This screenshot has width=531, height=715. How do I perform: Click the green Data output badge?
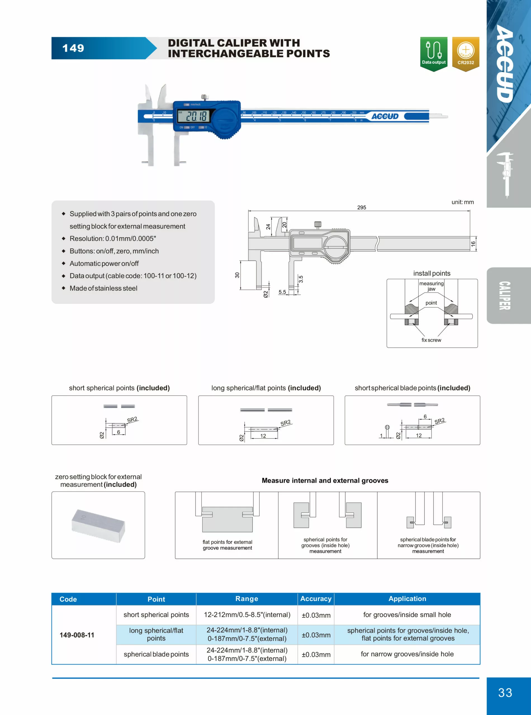point(434,53)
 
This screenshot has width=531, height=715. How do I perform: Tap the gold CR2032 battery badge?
point(465,53)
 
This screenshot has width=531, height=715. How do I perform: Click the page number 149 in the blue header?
point(73,48)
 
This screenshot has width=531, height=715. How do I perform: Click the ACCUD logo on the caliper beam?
point(385,116)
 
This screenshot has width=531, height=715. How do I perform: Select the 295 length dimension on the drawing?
point(362,208)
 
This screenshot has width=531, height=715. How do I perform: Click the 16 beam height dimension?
point(473,244)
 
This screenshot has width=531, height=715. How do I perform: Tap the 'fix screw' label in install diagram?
point(431,340)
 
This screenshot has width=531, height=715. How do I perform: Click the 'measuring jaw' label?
point(431,286)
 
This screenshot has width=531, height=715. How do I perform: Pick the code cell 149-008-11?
point(77,635)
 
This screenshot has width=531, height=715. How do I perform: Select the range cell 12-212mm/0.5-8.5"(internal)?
point(247,615)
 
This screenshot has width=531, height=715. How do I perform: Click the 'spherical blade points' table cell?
point(156,654)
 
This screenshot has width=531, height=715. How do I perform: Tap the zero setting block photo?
point(98,525)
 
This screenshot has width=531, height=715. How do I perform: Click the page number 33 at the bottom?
point(505,692)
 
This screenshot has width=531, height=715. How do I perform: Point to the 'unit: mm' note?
point(463,202)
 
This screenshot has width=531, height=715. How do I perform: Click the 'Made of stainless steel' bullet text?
point(103,289)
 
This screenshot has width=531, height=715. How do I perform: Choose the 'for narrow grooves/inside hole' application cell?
point(407,654)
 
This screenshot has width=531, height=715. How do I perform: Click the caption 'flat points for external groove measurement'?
point(227,545)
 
